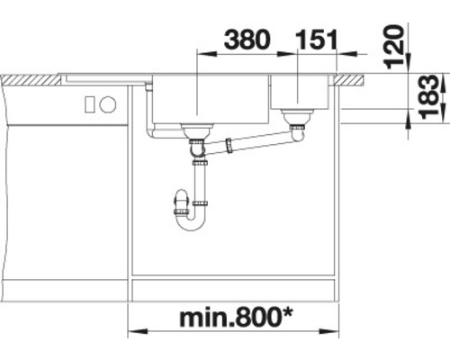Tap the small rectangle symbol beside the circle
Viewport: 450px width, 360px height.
pyautogui.click(x=91, y=103)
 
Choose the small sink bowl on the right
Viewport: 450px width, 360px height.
pyautogui.click(x=304, y=90)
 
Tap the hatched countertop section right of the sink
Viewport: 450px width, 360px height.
pyautogui.click(x=353, y=79)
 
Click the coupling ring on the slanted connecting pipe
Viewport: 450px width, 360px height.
pyautogui.click(x=230, y=142)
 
